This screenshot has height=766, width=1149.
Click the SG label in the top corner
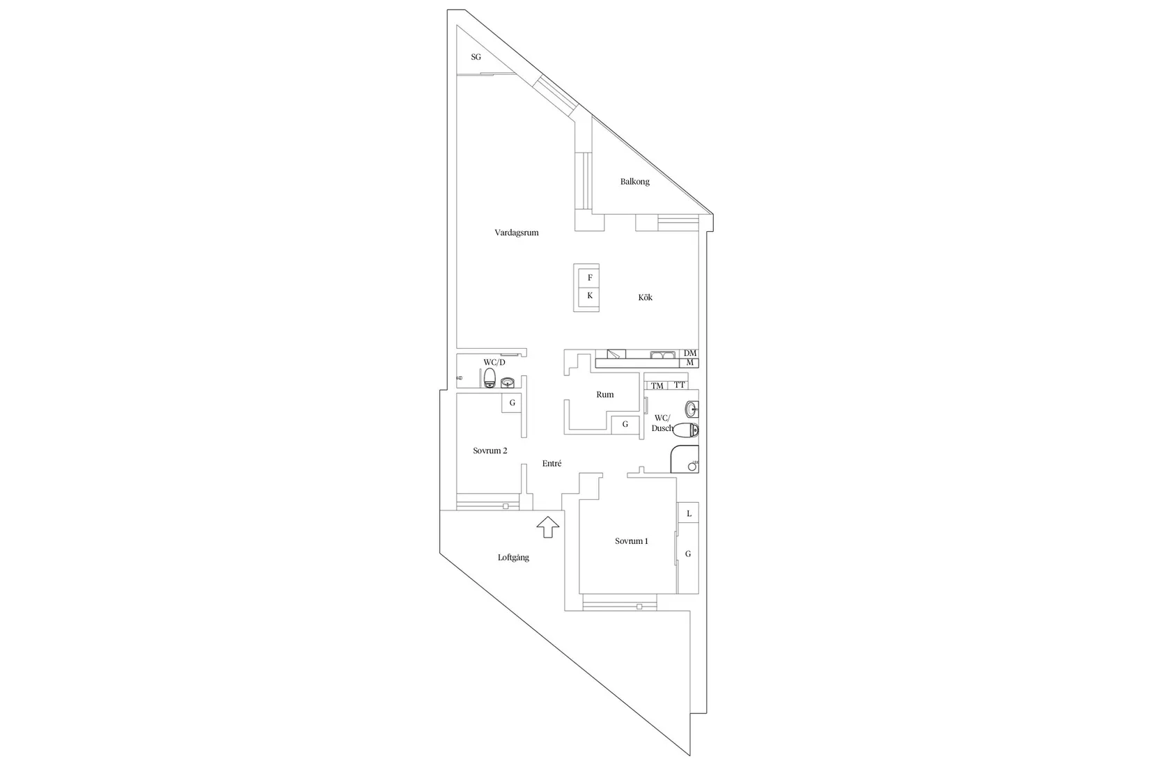tap(476, 57)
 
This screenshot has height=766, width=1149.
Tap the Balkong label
tap(634, 182)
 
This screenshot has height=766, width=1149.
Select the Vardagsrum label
tap(517, 233)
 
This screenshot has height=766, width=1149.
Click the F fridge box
tap(589, 278)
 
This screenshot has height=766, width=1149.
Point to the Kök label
tap(646, 297)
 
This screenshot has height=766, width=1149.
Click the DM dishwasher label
tap(690, 353)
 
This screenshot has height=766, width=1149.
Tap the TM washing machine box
tap(657, 386)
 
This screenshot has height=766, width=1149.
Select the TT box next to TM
tap(679, 385)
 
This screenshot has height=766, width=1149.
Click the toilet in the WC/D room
tap(490, 377)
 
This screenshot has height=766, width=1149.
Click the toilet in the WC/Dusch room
tap(686, 430)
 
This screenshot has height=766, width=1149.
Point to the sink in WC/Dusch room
tap(691, 409)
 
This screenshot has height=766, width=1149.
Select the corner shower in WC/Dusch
tap(685, 459)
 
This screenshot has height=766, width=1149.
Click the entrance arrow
tap(548, 527)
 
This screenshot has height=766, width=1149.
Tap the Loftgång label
tap(513, 558)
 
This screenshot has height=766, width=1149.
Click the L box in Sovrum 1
tap(688, 513)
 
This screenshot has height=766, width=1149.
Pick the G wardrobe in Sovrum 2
tap(512, 402)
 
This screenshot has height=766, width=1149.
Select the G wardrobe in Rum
tap(625, 424)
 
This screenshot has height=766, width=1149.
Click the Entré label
tap(552, 463)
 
